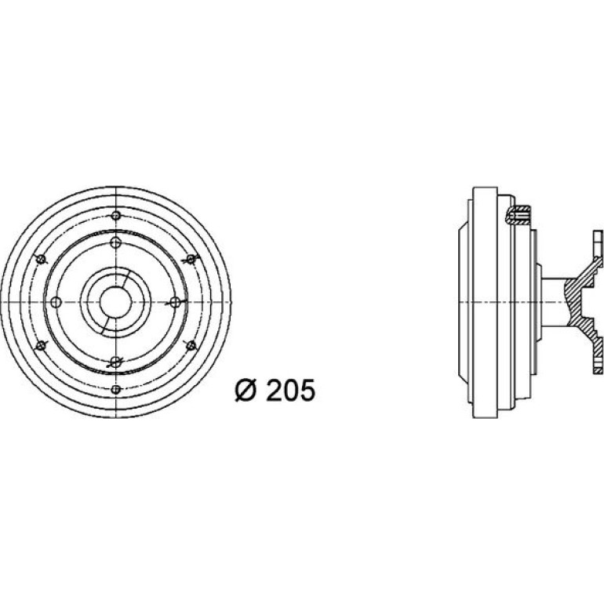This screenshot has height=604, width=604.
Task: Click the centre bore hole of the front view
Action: click(115, 302)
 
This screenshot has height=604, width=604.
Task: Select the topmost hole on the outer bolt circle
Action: click(116, 216)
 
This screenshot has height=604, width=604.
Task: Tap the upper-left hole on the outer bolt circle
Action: click(41, 259)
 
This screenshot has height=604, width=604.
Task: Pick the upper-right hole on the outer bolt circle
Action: click(191, 259)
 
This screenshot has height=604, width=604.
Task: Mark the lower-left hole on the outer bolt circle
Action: click(41, 345)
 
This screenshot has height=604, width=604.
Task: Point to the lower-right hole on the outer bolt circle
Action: click(191, 345)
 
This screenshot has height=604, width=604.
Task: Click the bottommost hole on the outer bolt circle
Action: click(116, 389)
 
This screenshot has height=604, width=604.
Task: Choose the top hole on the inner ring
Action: click(116, 243)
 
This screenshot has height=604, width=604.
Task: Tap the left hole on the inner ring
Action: click(56, 302)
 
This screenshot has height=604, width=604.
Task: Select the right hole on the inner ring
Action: click(175, 302)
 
